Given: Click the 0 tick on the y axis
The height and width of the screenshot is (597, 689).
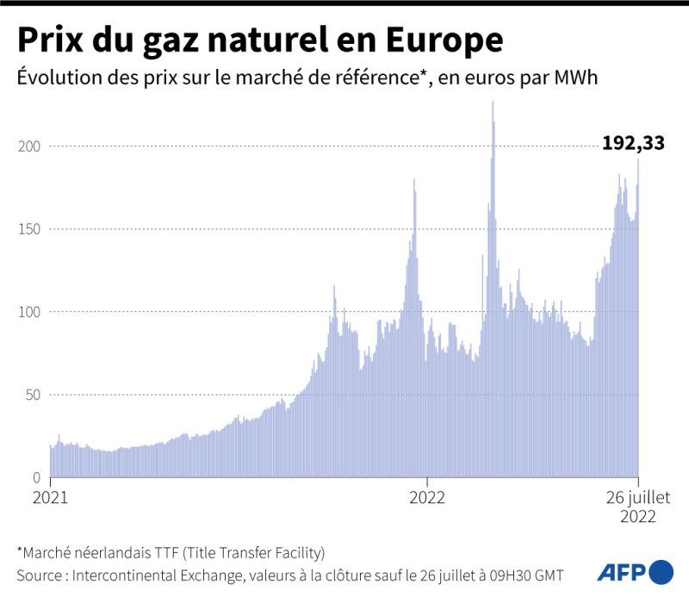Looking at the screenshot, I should (35, 477).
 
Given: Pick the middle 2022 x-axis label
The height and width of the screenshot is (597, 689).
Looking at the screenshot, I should (426, 498).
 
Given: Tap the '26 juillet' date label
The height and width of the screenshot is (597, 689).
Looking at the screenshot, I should (638, 498).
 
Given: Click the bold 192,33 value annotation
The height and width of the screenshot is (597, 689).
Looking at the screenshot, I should (633, 143).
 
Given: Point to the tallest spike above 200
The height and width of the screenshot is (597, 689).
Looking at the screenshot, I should (493, 103).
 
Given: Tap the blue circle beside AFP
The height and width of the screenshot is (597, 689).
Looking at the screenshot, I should (661, 571).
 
